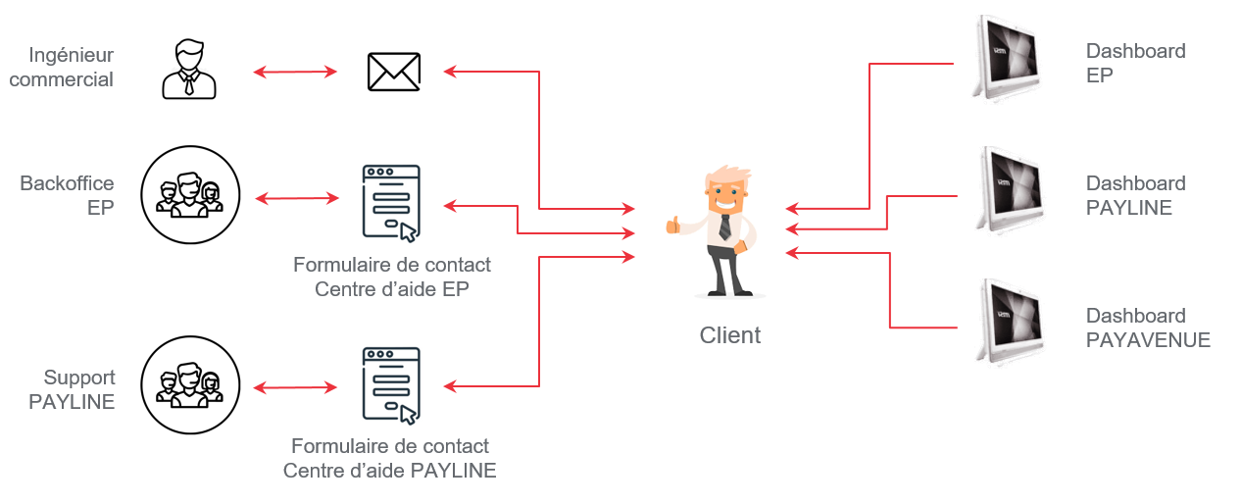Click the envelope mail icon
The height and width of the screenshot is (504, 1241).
[393, 72]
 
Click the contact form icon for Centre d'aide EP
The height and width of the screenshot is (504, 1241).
[391, 202]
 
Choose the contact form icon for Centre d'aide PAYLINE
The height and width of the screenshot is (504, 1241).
[391, 383]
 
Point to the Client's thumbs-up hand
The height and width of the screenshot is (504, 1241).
[673, 225]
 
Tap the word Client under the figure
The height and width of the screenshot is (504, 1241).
[729, 335]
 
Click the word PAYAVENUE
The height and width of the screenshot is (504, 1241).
[1148, 340]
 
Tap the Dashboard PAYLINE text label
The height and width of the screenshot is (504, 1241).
[1135, 195]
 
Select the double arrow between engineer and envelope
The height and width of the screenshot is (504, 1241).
[295, 72]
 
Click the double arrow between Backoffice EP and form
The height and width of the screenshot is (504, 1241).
[296, 199]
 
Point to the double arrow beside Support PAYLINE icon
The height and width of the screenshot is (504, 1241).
[296, 386]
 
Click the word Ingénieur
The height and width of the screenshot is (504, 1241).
[72, 55]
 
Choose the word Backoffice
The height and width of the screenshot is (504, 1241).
[67, 183]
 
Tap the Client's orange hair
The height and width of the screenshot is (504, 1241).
[726, 176]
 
